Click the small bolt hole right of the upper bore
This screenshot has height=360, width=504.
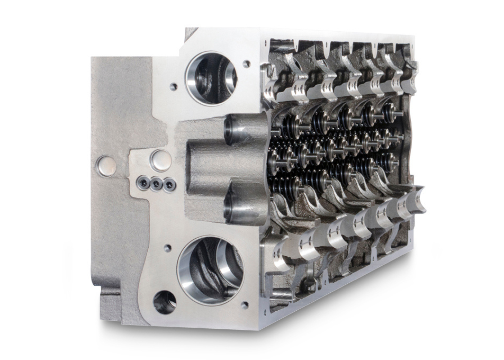click(247, 63)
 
